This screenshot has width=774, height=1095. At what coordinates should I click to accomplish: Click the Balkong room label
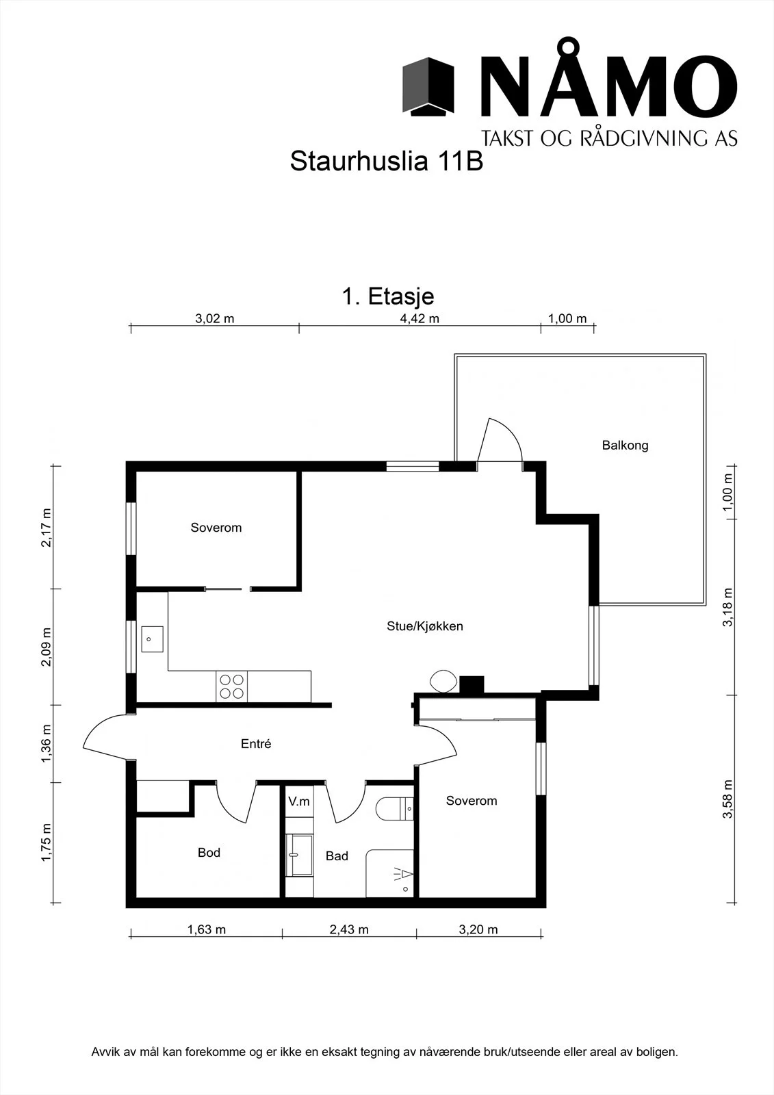(625, 446)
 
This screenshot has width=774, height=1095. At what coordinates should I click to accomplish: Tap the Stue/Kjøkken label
(424, 626)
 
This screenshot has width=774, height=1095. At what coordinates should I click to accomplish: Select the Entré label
(256, 743)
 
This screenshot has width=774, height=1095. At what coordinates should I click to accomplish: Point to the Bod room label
(209, 852)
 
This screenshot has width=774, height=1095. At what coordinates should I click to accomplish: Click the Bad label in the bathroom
(337, 855)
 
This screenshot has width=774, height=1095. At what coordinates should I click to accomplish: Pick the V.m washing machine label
(299, 801)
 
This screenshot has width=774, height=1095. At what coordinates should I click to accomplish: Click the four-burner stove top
(232, 686)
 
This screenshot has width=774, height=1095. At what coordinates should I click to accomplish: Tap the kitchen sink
(152, 639)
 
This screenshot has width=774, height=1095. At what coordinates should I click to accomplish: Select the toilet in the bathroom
(395, 809)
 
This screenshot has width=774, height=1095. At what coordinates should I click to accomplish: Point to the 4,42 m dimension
(420, 319)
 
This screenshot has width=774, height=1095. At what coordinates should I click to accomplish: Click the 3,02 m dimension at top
(215, 319)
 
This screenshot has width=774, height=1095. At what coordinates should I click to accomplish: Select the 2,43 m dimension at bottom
(348, 929)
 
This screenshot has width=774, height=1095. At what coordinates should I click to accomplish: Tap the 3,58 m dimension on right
(729, 799)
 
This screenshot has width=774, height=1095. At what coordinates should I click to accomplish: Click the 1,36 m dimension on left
(46, 743)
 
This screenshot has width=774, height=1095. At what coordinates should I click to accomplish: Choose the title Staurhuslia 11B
(386, 161)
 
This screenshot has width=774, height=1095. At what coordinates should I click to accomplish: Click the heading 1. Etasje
(388, 296)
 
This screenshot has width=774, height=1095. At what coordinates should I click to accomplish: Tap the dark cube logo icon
(428, 86)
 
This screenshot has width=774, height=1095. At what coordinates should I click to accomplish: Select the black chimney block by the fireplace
(472, 684)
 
